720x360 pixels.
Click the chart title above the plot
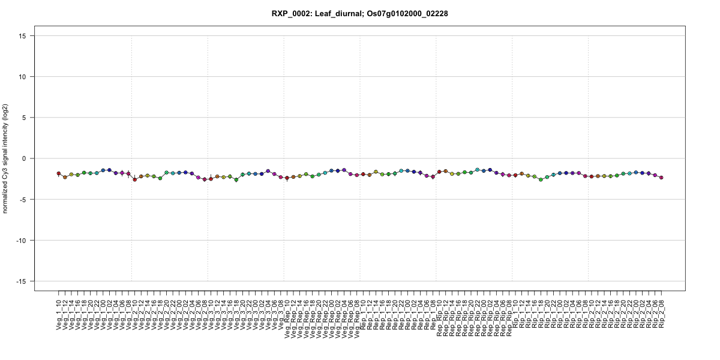point(360,13)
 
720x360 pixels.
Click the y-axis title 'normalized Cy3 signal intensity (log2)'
point(6,158)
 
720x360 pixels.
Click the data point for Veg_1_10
point(59,173)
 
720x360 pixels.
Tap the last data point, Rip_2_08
point(661,178)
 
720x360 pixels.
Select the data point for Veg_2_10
point(135,179)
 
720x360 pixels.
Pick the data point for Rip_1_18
point(541,179)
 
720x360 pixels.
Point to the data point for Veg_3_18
point(236,179)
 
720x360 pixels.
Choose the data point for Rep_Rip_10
point(439,172)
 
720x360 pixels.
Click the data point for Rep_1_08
point(433,176)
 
